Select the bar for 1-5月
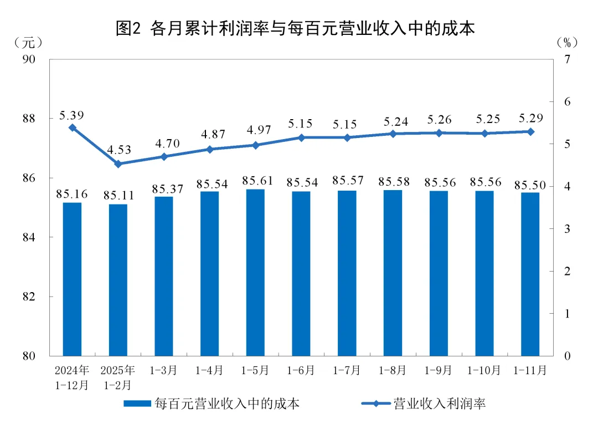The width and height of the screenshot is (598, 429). point(255,272)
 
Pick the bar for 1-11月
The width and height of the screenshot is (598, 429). point(530,274)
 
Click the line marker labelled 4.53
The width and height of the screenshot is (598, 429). point(118,164)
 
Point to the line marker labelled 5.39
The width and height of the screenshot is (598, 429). point(72,127)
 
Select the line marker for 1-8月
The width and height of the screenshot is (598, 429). point(393,134)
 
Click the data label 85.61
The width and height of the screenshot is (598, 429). point(255,180)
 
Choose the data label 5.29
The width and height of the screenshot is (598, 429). point(530,118)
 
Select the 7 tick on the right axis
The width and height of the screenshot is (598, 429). point(566,59)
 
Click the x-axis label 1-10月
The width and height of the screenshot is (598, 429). point(484,370)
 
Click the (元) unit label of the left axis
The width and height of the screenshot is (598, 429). point(27,42)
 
